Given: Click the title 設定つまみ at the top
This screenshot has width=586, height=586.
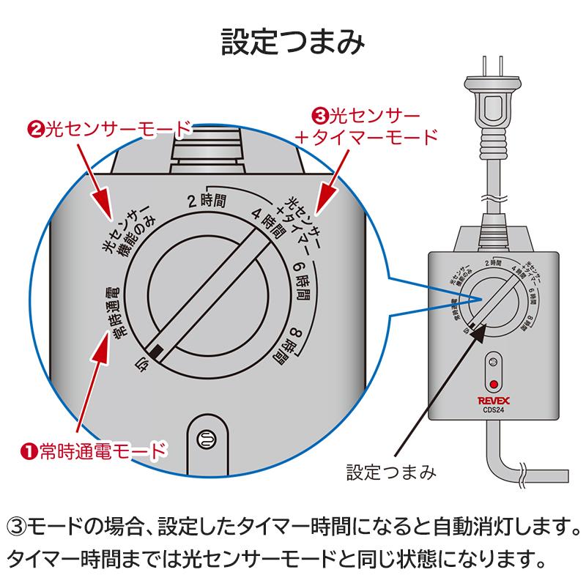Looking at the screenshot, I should (x=292, y=42).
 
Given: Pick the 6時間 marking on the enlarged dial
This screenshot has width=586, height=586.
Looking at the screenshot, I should (x=302, y=282).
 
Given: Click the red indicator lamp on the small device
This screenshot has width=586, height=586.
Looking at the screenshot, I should (x=494, y=385).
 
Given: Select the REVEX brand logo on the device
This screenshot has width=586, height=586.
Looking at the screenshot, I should (x=494, y=401).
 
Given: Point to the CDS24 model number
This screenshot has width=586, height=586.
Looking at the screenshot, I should (x=494, y=411).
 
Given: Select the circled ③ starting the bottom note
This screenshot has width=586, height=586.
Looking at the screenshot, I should (x=18, y=527).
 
